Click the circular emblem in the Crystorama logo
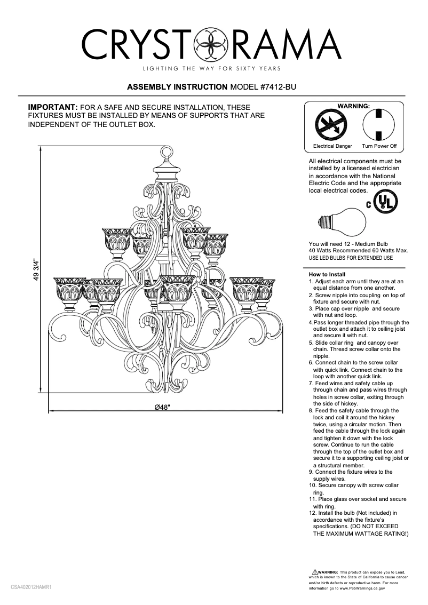coord(213,44)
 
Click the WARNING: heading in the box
coord(354,106)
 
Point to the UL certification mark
coord(385,202)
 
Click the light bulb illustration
coord(337,222)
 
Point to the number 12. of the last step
coord(313,513)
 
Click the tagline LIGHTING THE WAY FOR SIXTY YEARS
coord(212,69)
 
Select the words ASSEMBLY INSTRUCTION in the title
coord(177,86)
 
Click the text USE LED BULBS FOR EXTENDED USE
coord(351,258)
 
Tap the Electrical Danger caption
coord(332,146)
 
